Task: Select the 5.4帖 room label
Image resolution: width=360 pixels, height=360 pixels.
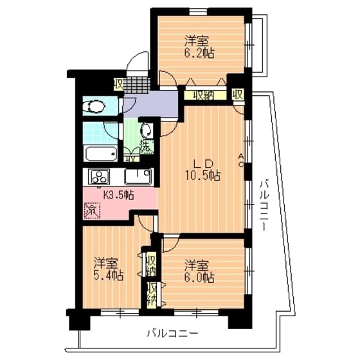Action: click(x=107, y=269)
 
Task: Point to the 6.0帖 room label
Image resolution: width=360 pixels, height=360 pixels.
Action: click(x=199, y=271)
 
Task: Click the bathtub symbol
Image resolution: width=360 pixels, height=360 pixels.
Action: click(x=100, y=154)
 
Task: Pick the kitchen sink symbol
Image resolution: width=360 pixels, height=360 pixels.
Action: click(x=138, y=175)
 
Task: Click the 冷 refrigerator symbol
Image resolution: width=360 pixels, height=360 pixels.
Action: click(x=92, y=210)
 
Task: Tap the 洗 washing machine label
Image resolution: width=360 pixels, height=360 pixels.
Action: click(x=147, y=146)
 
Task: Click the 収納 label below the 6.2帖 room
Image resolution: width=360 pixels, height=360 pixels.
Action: click(x=204, y=94)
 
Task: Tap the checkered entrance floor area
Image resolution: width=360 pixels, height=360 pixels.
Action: click(x=138, y=85)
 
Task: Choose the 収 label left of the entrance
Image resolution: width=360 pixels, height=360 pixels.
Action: click(x=120, y=84)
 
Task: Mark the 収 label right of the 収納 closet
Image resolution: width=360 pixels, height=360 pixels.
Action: click(x=237, y=94)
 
